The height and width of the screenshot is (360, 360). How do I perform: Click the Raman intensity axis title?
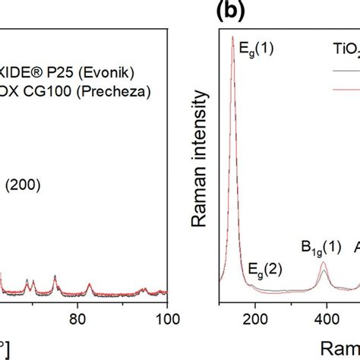pos(201,144)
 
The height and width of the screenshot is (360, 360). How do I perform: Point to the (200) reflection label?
pos(24,183)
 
